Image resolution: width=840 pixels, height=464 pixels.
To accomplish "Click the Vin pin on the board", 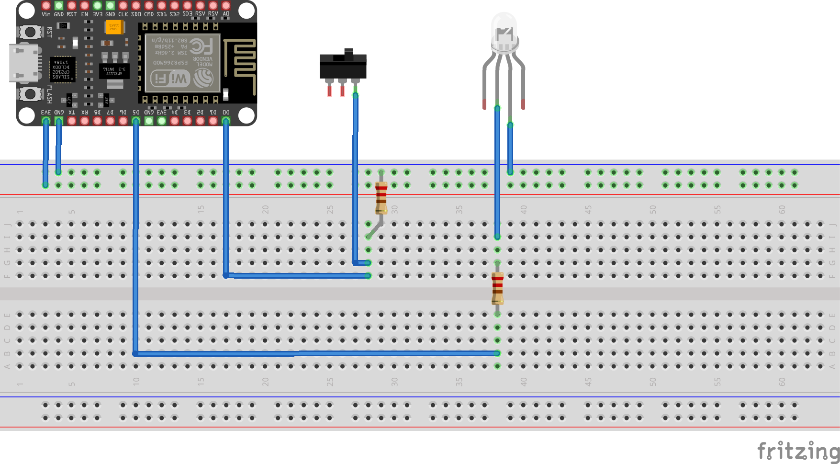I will click(x=46, y=6).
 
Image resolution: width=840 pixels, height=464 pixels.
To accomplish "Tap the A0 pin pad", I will click(x=226, y=6).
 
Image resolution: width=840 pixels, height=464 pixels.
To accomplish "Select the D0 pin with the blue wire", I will click(x=226, y=121).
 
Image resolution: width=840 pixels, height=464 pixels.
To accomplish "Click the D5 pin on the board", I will click(x=136, y=121).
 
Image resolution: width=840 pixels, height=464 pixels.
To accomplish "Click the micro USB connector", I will click(x=23, y=63).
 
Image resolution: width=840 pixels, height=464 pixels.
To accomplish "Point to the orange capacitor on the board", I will click(x=114, y=27).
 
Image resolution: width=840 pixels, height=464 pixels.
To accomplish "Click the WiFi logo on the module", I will click(x=170, y=79).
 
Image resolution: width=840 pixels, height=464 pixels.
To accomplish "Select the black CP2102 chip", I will click(x=62, y=70).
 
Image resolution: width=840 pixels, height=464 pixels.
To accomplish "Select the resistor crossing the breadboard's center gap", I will click(x=497, y=288).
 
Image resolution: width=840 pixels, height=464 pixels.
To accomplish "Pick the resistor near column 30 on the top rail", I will click(x=381, y=198).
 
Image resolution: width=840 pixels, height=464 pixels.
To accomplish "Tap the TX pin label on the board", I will click(x=72, y=113).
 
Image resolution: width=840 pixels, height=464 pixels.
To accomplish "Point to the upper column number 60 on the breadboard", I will click(x=782, y=210).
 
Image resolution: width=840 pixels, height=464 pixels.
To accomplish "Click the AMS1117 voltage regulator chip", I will click(x=114, y=71).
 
